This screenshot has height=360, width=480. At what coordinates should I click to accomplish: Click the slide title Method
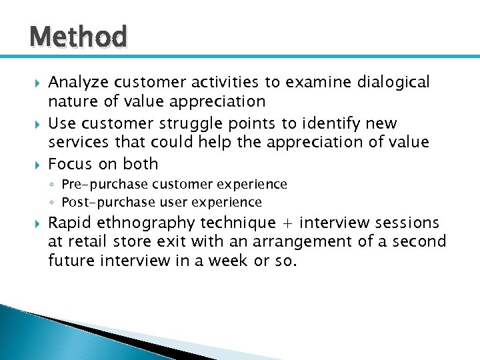pos(78,37)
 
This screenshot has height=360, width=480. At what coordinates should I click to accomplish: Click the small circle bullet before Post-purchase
pos(53,203)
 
